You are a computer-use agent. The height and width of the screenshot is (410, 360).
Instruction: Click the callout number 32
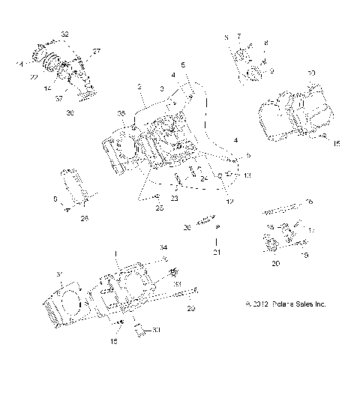pos(64,34)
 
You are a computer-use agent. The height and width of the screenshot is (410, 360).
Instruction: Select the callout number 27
pos(96,52)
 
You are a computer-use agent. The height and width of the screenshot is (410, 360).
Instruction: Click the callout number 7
pos(239,35)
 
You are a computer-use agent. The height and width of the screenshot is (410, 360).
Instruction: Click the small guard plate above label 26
pos(75,185)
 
